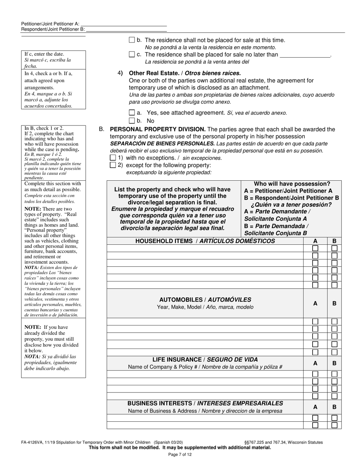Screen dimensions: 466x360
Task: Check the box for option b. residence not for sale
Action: pyautogui.click(x=132, y=40)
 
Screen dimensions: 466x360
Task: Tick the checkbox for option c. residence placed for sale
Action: pyautogui.click(x=132, y=54)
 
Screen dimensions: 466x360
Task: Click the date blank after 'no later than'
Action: pyautogui.click(x=305, y=55)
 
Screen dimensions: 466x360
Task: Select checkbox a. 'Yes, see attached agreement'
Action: pyautogui.click(x=132, y=113)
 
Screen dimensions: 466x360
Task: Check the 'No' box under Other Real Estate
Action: pyautogui.click(x=132, y=120)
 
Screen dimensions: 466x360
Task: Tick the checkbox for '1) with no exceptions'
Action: pyautogui.click(x=113, y=157)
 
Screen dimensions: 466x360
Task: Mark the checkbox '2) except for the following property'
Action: pyautogui.click(x=113, y=165)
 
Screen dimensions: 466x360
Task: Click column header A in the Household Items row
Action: pyautogui.click(x=315, y=241)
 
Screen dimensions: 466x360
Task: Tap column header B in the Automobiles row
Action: pyautogui.click(x=334, y=303)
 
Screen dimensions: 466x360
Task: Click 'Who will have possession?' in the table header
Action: pyautogui.click(x=292, y=184)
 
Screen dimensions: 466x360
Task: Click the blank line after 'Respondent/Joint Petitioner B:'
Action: pyautogui.click(x=127, y=29)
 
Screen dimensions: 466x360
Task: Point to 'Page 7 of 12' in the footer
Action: pyautogui.click(x=180, y=454)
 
